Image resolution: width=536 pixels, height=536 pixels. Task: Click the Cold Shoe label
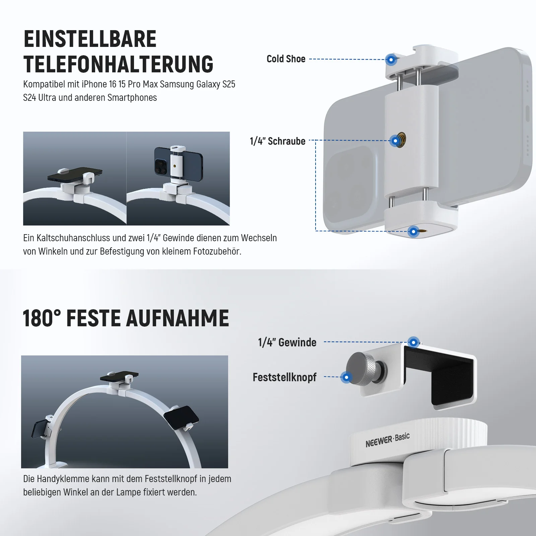tap(286, 59)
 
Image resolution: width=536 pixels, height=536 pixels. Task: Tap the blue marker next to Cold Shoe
tap(391, 60)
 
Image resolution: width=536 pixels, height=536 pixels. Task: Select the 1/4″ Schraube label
tap(277, 141)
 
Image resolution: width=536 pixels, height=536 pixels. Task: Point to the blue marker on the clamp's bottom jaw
tap(413, 231)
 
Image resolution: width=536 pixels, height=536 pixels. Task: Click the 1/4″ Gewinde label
tap(287, 342)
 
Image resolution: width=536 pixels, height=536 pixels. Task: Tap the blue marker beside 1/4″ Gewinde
tap(414, 342)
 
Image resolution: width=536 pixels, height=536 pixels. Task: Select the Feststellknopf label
tap(284, 377)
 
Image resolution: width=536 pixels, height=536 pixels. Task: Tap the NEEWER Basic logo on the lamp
tap(388, 440)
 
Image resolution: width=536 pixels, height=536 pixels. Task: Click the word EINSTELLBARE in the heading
tap(90, 39)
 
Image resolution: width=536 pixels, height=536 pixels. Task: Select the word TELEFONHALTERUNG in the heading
tap(119, 64)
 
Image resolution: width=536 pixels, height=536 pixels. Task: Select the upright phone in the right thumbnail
tap(178, 162)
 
